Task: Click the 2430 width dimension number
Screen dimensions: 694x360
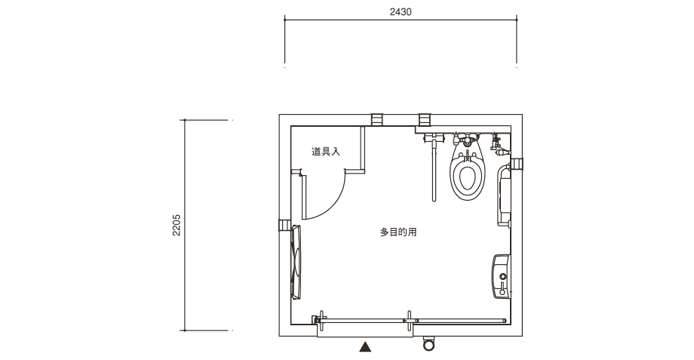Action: tap(401, 12)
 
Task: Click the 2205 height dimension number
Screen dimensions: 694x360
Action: tap(177, 225)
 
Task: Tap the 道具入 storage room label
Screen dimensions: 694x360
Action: tap(326, 152)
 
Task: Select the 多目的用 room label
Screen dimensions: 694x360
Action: tap(398, 232)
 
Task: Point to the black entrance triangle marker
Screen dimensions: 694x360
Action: tap(365, 346)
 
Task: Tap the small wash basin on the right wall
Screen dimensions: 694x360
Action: tap(501, 276)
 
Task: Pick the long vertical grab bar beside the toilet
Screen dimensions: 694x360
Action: tap(435, 171)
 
